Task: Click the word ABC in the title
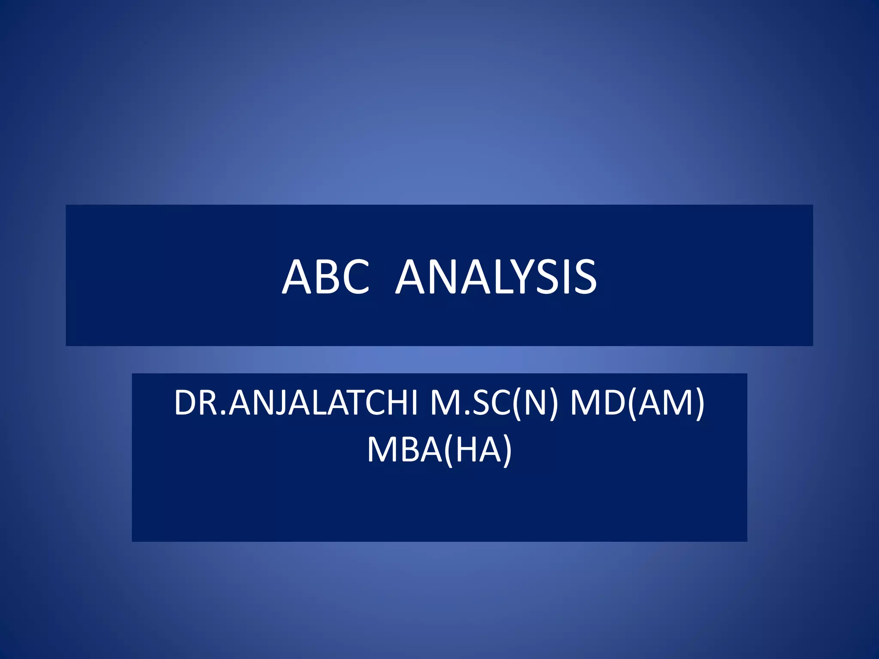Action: point(326,277)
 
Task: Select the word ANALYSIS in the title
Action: point(496,277)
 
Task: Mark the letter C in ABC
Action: point(355,277)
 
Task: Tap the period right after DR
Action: point(223,414)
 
